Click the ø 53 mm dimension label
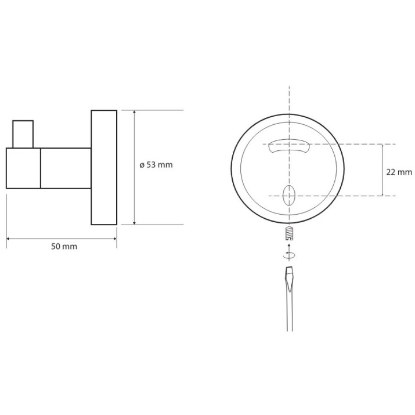click(156, 165)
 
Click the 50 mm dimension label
click(64, 247)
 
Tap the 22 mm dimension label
click(399, 172)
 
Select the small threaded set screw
click(289, 233)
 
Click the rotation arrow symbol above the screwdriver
click(289, 255)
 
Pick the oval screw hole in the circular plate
click(288, 196)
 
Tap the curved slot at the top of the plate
click(289, 146)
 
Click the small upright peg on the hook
click(23, 134)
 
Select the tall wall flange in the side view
click(104, 167)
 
